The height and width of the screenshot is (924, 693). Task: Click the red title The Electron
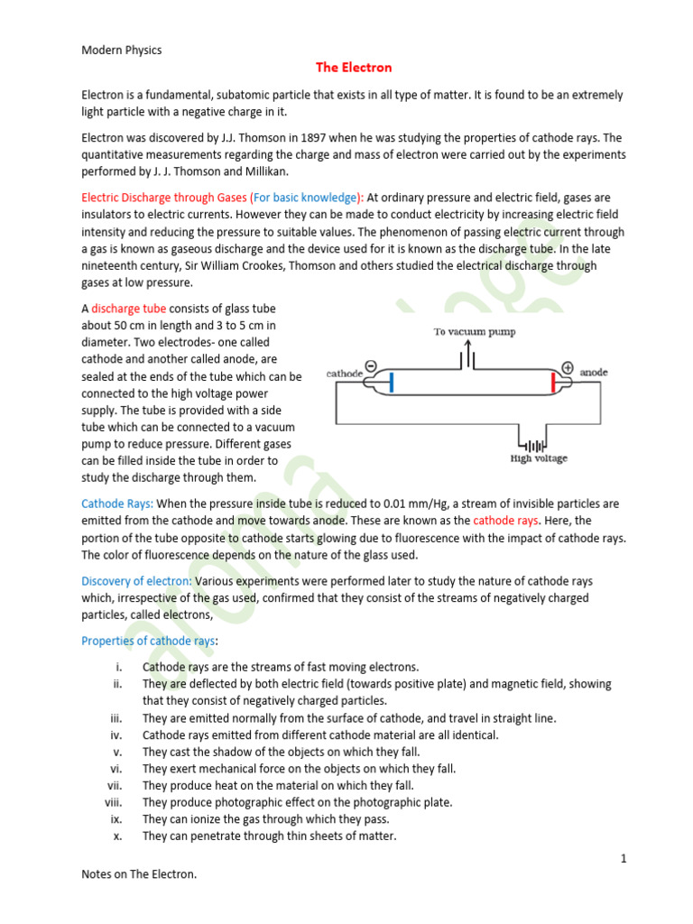354,68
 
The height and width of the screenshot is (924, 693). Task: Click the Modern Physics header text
122,51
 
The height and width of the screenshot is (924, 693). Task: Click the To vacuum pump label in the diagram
474,332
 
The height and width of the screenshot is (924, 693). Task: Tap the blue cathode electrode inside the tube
392,383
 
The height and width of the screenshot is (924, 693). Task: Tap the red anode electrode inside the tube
552,383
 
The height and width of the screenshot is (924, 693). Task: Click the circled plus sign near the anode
568,367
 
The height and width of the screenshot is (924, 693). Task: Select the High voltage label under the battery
539,458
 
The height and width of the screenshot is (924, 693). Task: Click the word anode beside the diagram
594,372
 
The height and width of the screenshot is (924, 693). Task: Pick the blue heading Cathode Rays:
117,504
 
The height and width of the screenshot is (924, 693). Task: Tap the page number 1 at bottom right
623,858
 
